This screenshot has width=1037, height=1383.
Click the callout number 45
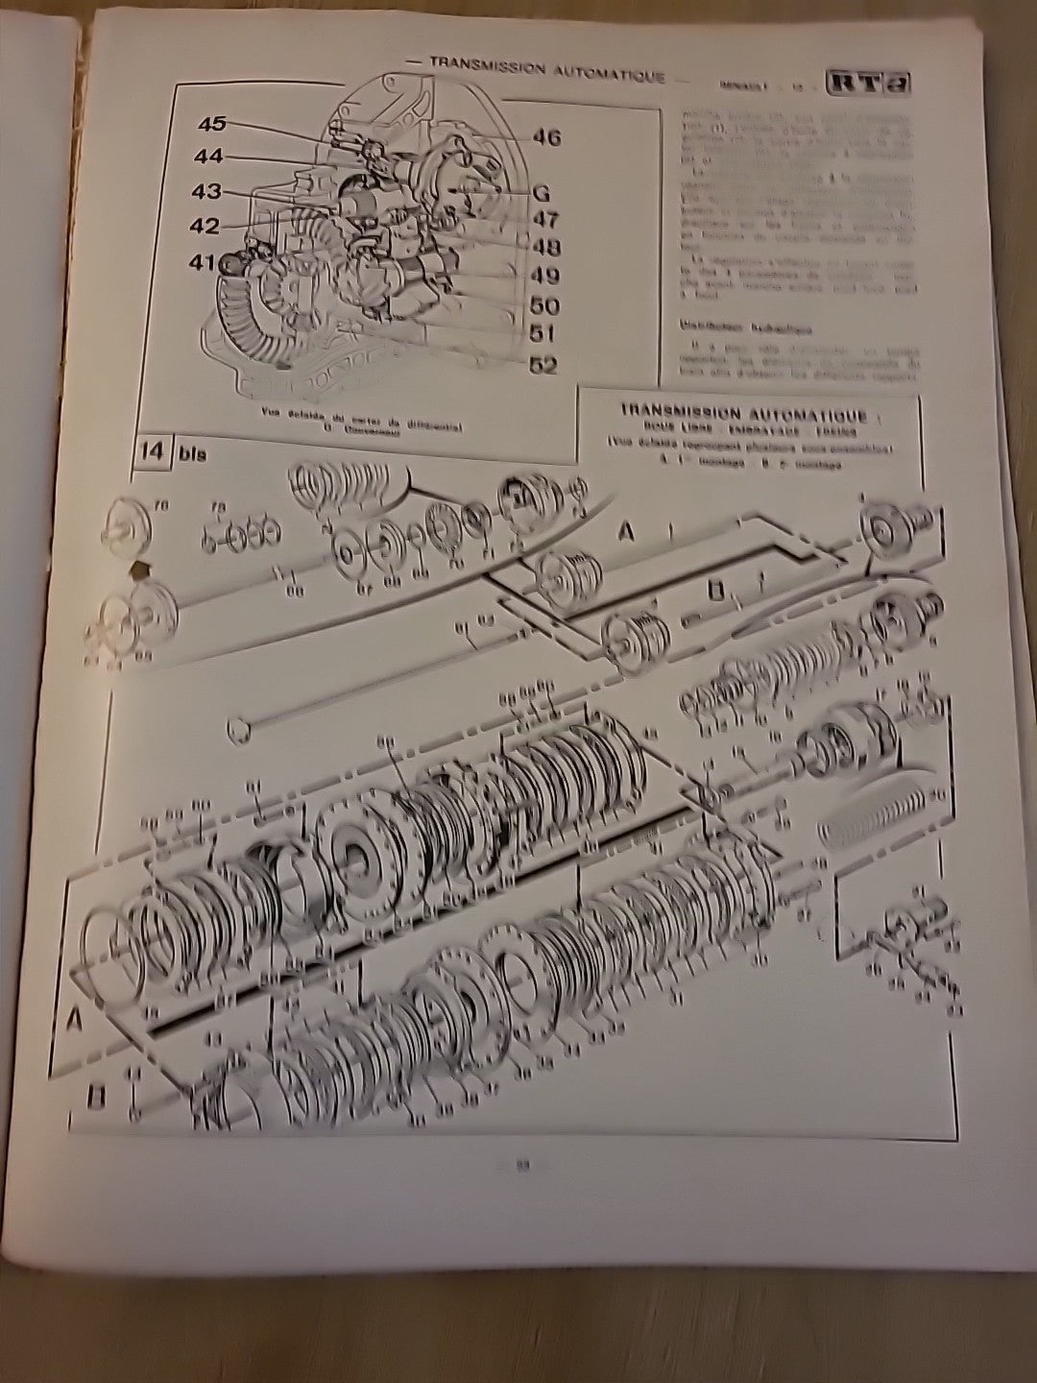click(212, 124)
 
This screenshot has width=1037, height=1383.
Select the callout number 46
click(545, 137)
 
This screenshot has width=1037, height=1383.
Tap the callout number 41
click(204, 260)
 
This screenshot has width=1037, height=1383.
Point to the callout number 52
click(543, 366)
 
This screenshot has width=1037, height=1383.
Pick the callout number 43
click(205, 192)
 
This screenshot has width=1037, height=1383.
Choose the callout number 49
click(544, 276)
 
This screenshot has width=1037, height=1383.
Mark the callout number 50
click(544, 306)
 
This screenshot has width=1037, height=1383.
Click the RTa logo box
click(869, 83)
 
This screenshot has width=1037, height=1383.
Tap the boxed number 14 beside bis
click(152, 451)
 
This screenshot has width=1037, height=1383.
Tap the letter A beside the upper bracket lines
click(626, 531)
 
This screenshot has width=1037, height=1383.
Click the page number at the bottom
click(523, 1167)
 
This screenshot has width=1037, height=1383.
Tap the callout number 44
click(208, 157)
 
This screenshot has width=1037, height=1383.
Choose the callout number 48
click(544, 247)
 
